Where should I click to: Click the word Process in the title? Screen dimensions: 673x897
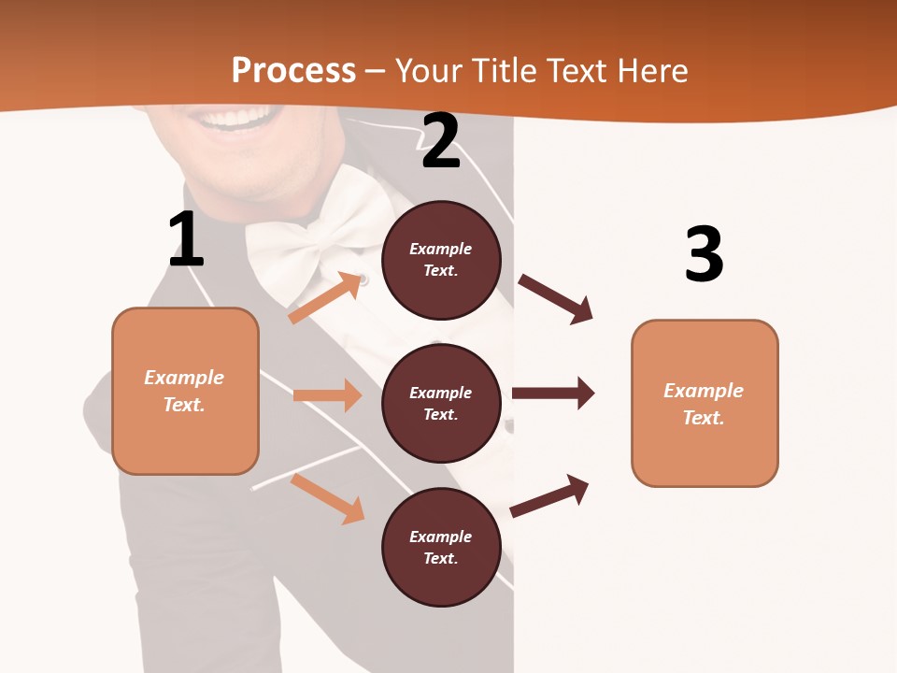293,70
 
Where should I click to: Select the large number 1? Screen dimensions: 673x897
186,240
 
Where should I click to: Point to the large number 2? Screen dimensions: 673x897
441,142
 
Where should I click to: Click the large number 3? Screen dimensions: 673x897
704,254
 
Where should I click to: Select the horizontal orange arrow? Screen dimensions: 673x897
327,395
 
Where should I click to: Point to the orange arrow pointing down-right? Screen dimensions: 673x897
327,498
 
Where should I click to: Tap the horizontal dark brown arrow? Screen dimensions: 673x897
553,393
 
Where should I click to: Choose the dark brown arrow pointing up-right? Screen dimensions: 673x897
549,495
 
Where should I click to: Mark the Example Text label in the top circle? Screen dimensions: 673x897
441,260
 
